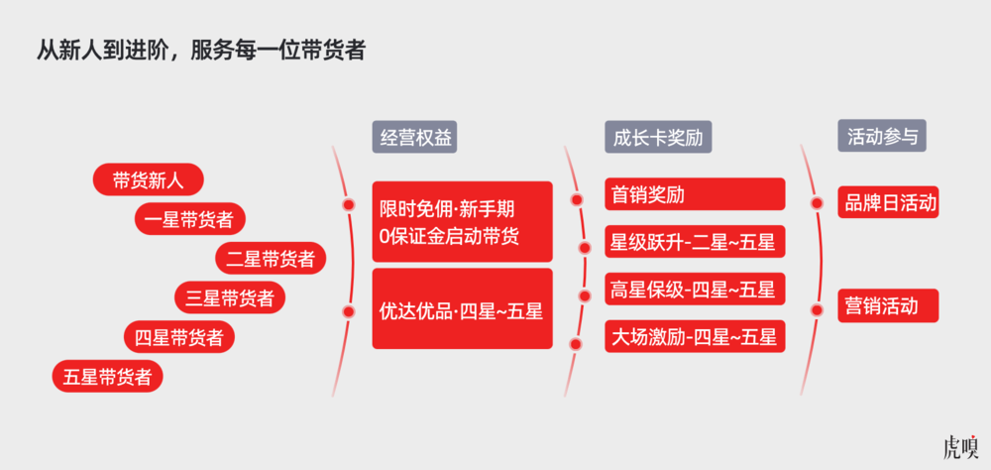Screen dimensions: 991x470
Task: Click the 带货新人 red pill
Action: [149, 179]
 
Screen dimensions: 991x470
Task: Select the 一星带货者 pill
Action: [189, 219]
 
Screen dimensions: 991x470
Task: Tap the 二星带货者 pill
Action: [271, 258]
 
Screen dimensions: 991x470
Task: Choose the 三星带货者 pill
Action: [230, 297]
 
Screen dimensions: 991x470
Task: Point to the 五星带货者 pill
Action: [107, 376]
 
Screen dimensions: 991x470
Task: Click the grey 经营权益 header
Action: [414, 137]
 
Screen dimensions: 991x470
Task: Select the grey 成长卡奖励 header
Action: [658, 137]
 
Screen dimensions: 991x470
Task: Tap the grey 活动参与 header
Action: [882, 136]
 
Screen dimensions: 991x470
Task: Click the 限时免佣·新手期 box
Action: [462, 221]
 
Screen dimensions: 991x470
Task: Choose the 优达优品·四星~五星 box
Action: [462, 308]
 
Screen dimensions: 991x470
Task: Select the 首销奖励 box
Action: [695, 193]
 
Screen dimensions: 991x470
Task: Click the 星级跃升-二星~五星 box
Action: [695, 241]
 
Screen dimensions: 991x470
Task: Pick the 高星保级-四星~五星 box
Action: [695, 289]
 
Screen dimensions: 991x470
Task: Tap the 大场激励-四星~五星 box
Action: [695, 336]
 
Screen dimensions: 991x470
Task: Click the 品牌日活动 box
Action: [888, 202]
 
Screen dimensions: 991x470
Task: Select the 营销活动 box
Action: [888, 305]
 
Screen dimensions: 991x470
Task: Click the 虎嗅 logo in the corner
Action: [959, 446]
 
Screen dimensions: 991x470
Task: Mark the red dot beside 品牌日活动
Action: [818, 203]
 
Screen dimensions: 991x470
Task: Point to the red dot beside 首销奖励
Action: [577, 200]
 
